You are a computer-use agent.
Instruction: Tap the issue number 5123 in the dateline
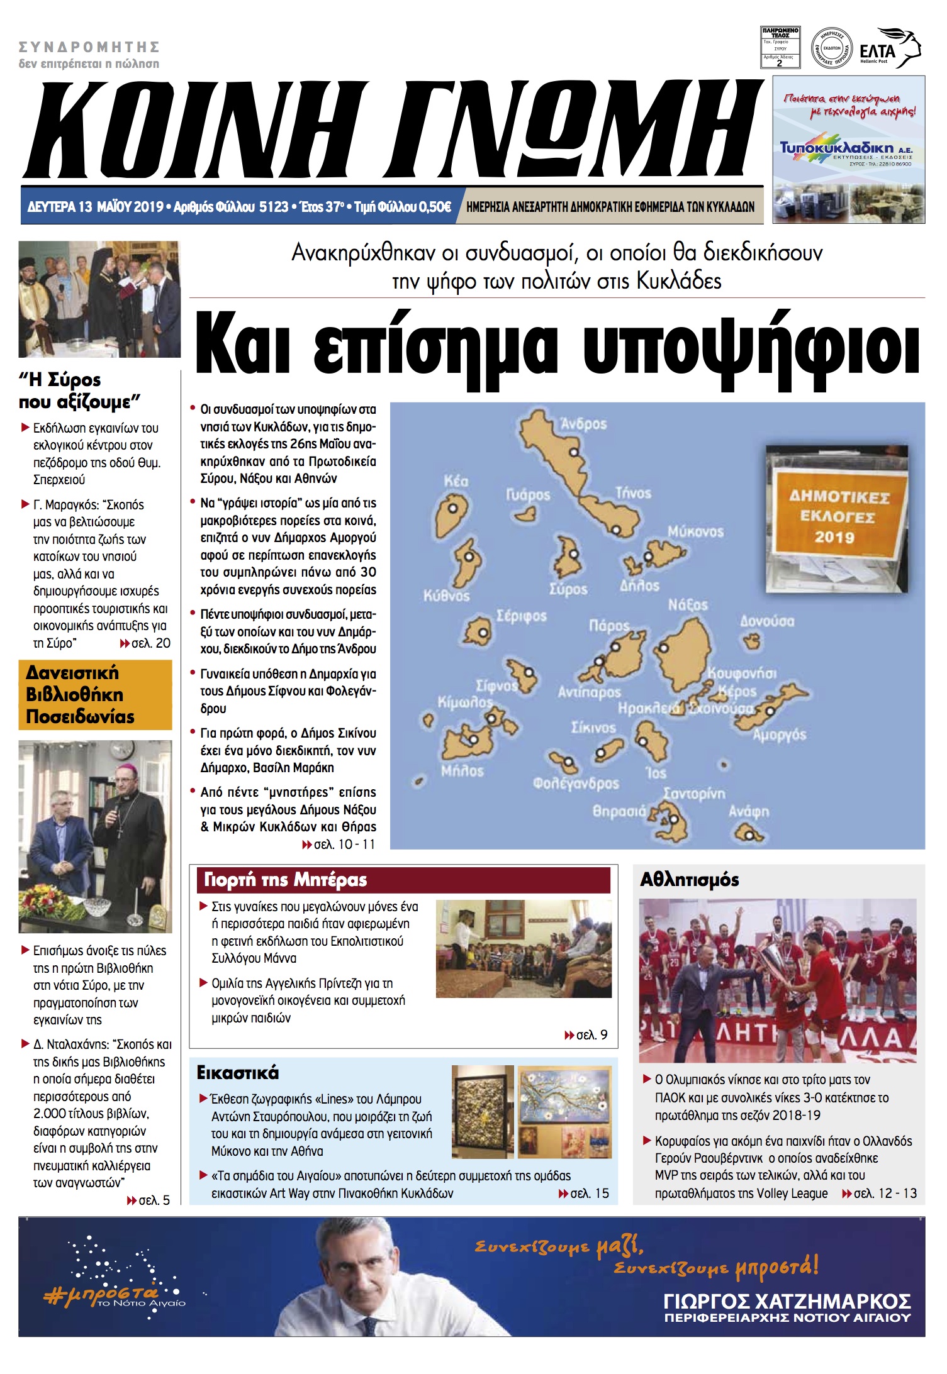point(273,207)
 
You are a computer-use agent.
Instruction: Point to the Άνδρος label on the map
point(583,424)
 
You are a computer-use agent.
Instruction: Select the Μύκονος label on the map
point(695,531)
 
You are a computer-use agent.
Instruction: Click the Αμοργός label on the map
point(779,734)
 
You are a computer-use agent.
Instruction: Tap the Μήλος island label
point(462,771)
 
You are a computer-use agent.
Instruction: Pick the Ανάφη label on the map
point(748,811)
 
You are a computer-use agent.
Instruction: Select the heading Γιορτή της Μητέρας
point(286,880)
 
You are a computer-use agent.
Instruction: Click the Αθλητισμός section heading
point(689,880)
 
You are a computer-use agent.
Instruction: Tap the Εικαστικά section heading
point(238,1073)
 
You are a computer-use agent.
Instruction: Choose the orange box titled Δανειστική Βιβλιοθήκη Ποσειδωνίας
point(95,695)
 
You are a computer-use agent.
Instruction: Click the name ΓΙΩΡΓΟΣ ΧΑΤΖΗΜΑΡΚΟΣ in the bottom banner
point(787,1301)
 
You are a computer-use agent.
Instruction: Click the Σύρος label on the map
point(568,589)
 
